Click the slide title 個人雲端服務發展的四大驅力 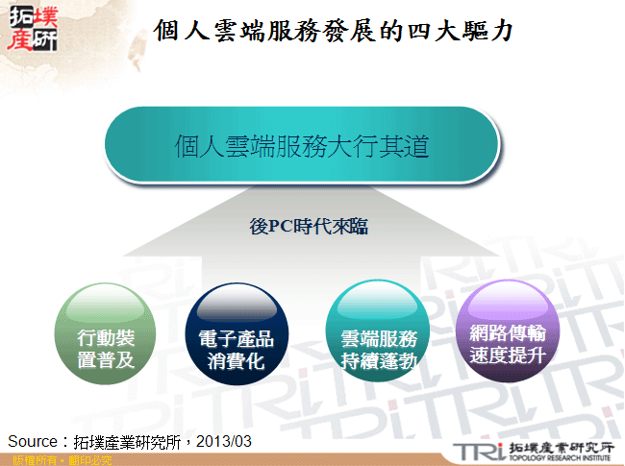(x=333, y=32)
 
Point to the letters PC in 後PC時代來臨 (x=278, y=227)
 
